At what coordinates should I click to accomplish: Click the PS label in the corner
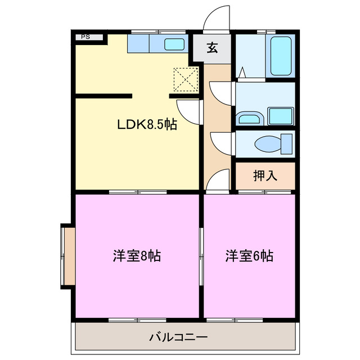pyautogui.click(x=85, y=37)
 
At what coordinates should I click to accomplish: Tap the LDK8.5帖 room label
pyautogui.click(x=147, y=125)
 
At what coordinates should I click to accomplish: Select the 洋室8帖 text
pyautogui.click(x=137, y=256)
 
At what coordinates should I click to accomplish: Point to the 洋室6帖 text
pyautogui.click(x=250, y=256)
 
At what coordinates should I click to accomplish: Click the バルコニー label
pyautogui.click(x=178, y=337)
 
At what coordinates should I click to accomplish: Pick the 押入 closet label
pyautogui.click(x=265, y=175)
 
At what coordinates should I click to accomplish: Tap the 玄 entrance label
pyautogui.click(x=212, y=48)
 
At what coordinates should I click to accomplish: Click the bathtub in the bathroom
pyautogui.click(x=280, y=56)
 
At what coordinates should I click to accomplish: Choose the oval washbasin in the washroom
pyautogui.click(x=247, y=118)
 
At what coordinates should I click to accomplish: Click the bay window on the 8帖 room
pyautogui.click(x=67, y=256)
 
